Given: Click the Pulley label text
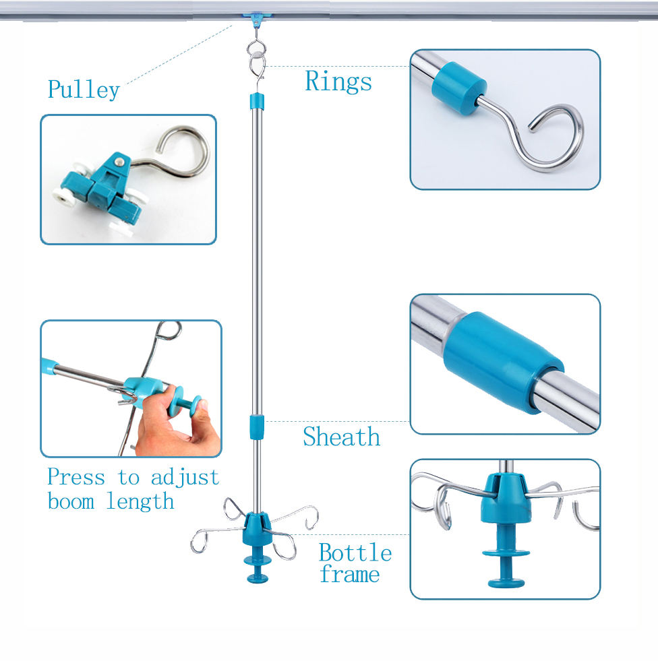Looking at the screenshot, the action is click(84, 90).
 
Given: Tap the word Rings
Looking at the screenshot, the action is click(338, 82).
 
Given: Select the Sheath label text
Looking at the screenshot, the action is click(341, 437).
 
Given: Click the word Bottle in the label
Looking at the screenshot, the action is click(355, 553).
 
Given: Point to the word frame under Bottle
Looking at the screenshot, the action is click(350, 575).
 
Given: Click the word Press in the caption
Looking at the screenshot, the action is click(76, 478).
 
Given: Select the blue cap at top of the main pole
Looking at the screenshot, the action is click(256, 102).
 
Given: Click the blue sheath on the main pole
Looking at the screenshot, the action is click(256, 427).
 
